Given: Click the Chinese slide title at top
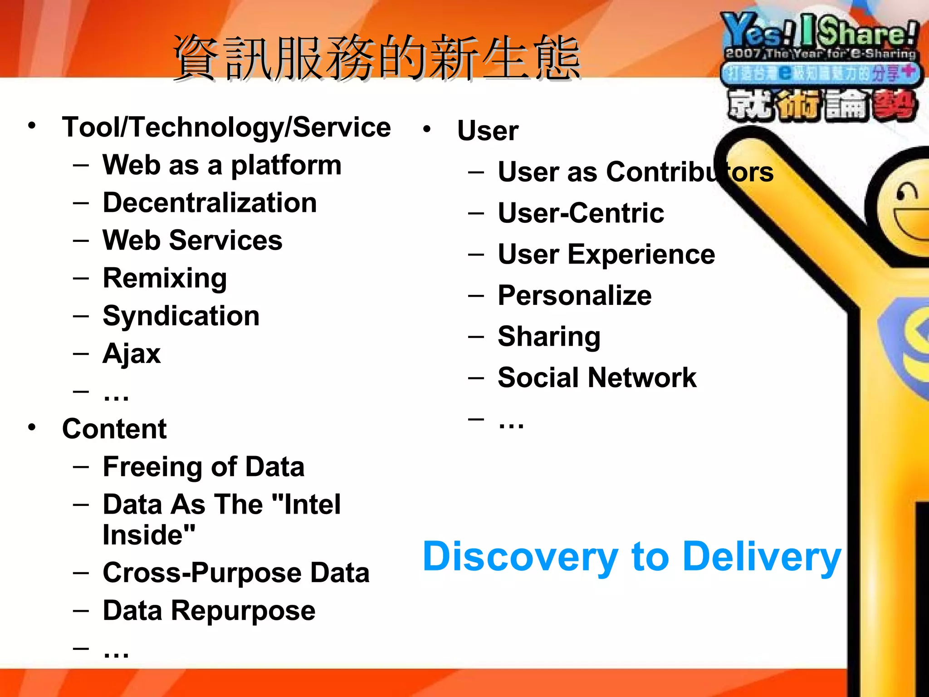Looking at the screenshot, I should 376,58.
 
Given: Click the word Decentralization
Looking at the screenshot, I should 210,202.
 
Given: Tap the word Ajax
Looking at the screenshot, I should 132,353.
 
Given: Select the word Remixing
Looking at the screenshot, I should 165,278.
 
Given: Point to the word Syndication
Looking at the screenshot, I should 181,316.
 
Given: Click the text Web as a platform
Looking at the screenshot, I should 222,165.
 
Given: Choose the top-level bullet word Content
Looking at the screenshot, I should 114,429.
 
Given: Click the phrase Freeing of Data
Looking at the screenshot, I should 203,466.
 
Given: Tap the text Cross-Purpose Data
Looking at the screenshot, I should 236,573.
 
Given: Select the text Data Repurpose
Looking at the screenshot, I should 209,610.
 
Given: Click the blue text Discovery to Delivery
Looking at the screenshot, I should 631,557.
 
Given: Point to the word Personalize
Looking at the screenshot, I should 574,295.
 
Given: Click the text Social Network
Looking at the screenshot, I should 597,378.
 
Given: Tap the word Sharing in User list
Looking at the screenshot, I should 549,337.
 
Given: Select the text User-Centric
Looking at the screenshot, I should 581,213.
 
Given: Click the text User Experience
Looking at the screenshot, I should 606,254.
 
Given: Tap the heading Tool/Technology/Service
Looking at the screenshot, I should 226,127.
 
